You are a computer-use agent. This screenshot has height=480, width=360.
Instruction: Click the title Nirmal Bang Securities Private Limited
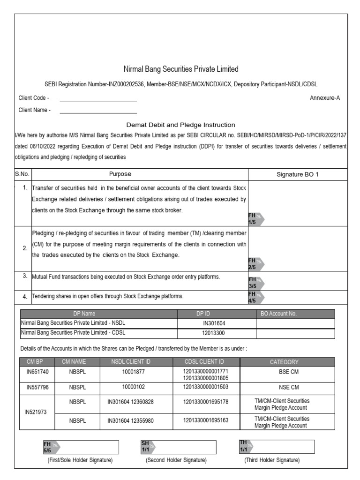click(x=181, y=69)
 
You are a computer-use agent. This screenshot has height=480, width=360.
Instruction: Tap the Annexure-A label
click(x=325, y=98)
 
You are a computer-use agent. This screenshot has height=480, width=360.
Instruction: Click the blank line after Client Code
click(x=98, y=98)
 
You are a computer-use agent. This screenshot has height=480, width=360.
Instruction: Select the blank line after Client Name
click(x=98, y=111)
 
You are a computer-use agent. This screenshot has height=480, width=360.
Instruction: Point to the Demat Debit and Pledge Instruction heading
click(x=181, y=125)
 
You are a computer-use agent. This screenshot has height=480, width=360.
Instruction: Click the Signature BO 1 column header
click(x=298, y=174)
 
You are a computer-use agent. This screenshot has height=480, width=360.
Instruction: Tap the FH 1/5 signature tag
click(x=255, y=218)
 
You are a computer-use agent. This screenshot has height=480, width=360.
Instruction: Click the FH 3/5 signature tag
click(x=255, y=282)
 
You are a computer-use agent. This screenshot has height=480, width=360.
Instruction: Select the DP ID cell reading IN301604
click(x=217, y=323)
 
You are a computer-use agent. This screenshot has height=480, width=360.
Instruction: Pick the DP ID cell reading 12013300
click(x=217, y=333)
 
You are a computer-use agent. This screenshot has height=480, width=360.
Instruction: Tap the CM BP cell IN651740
click(x=37, y=372)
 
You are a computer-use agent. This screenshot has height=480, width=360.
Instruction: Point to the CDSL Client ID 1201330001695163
click(x=206, y=420)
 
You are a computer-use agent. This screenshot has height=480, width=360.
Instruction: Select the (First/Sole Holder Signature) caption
click(x=80, y=460)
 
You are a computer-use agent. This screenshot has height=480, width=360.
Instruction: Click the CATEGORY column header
click(x=284, y=362)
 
